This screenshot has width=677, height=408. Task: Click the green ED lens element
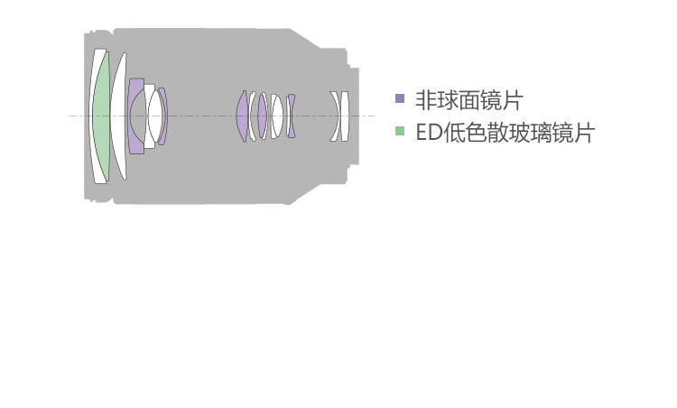(x=101, y=116)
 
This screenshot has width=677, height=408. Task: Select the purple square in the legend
(x=400, y=98)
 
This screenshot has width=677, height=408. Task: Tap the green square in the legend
(x=400, y=130)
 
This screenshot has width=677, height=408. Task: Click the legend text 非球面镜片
(x=468, y=100)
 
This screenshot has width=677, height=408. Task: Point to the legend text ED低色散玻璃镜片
(x=505, y=132)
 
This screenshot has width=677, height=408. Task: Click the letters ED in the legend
(x=429, y=132)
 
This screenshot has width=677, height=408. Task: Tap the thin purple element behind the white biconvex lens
(x=163, y=116)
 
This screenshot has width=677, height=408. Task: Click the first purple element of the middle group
(x=241, y=116)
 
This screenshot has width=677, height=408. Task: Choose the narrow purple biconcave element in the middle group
(x=292, y=116)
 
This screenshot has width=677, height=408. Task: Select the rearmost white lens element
(x=344, y=116)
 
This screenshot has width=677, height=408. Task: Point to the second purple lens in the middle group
(x=262, y=116)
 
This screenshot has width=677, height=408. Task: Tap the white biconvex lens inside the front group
(x=155, y=116)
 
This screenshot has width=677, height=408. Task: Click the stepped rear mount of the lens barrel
(x=352, y=116)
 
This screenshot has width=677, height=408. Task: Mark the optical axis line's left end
(x=69, y=116)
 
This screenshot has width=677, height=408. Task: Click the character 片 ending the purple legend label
(x=513, y=100)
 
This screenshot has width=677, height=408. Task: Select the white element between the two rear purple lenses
(x=277, y=116)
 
